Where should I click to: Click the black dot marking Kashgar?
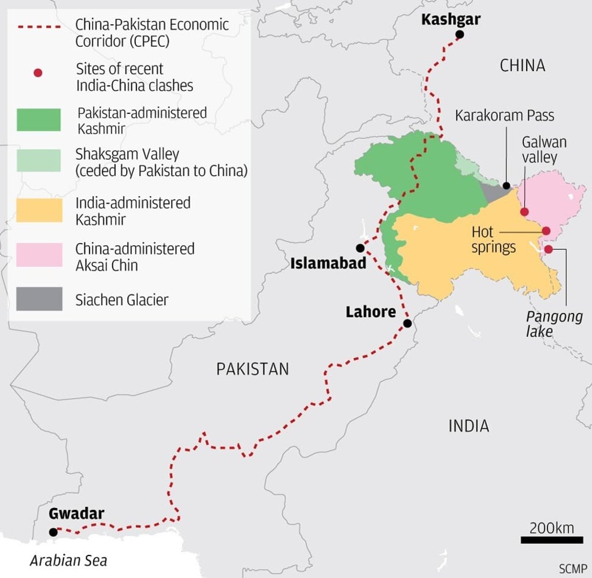tap(459, 35)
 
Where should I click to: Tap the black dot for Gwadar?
tap(53, 532)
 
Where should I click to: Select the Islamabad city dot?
tap(360, 248)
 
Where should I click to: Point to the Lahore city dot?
tap(407, 323)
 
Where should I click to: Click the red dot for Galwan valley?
tap(524, 212)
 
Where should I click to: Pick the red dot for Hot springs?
tap(546, 231)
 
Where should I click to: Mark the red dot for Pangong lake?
tap(549, 249)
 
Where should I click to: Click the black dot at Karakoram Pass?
tap(506, 186)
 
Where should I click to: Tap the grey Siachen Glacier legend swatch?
tap(39, 299)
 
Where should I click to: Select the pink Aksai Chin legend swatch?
tap(39, 255)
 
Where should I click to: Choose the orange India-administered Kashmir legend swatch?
tap(39, 210)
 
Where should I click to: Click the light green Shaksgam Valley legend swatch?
tap(39, 161)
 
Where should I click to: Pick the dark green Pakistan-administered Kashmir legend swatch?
tap(39, 119)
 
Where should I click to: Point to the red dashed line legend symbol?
tap(39, 27)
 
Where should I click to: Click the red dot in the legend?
tap(38, 73)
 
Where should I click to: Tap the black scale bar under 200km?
tap(552, 540)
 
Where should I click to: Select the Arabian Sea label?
tap(69, 561)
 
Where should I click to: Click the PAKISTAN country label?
tap(252, 369)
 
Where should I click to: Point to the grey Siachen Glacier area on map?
tap(493, 192)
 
